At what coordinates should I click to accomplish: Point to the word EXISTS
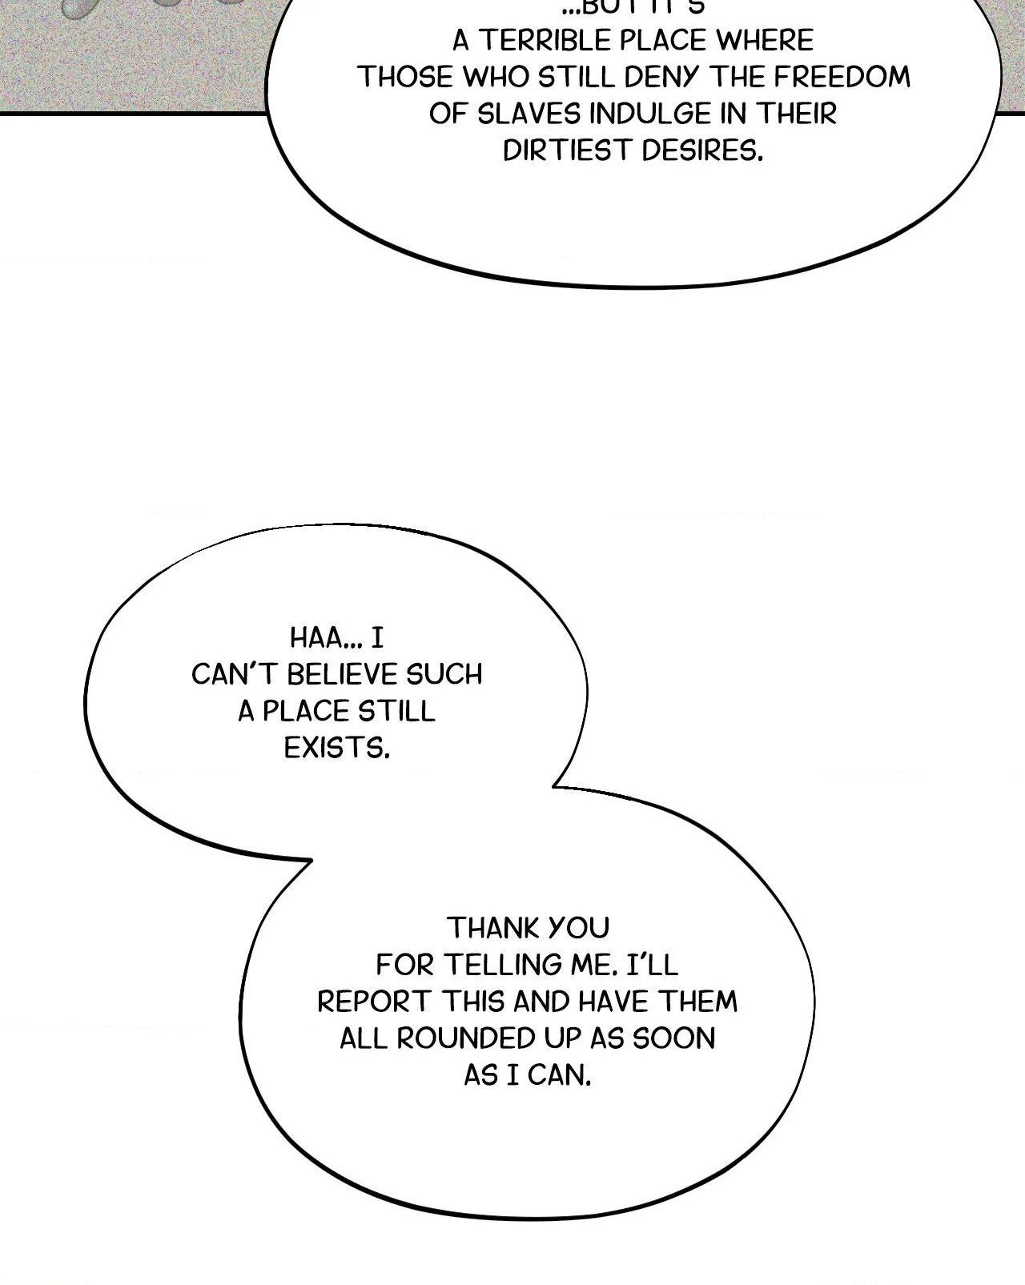(336, 748)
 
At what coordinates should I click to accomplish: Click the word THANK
(489, 928)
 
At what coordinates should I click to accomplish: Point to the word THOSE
(404, 77)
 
